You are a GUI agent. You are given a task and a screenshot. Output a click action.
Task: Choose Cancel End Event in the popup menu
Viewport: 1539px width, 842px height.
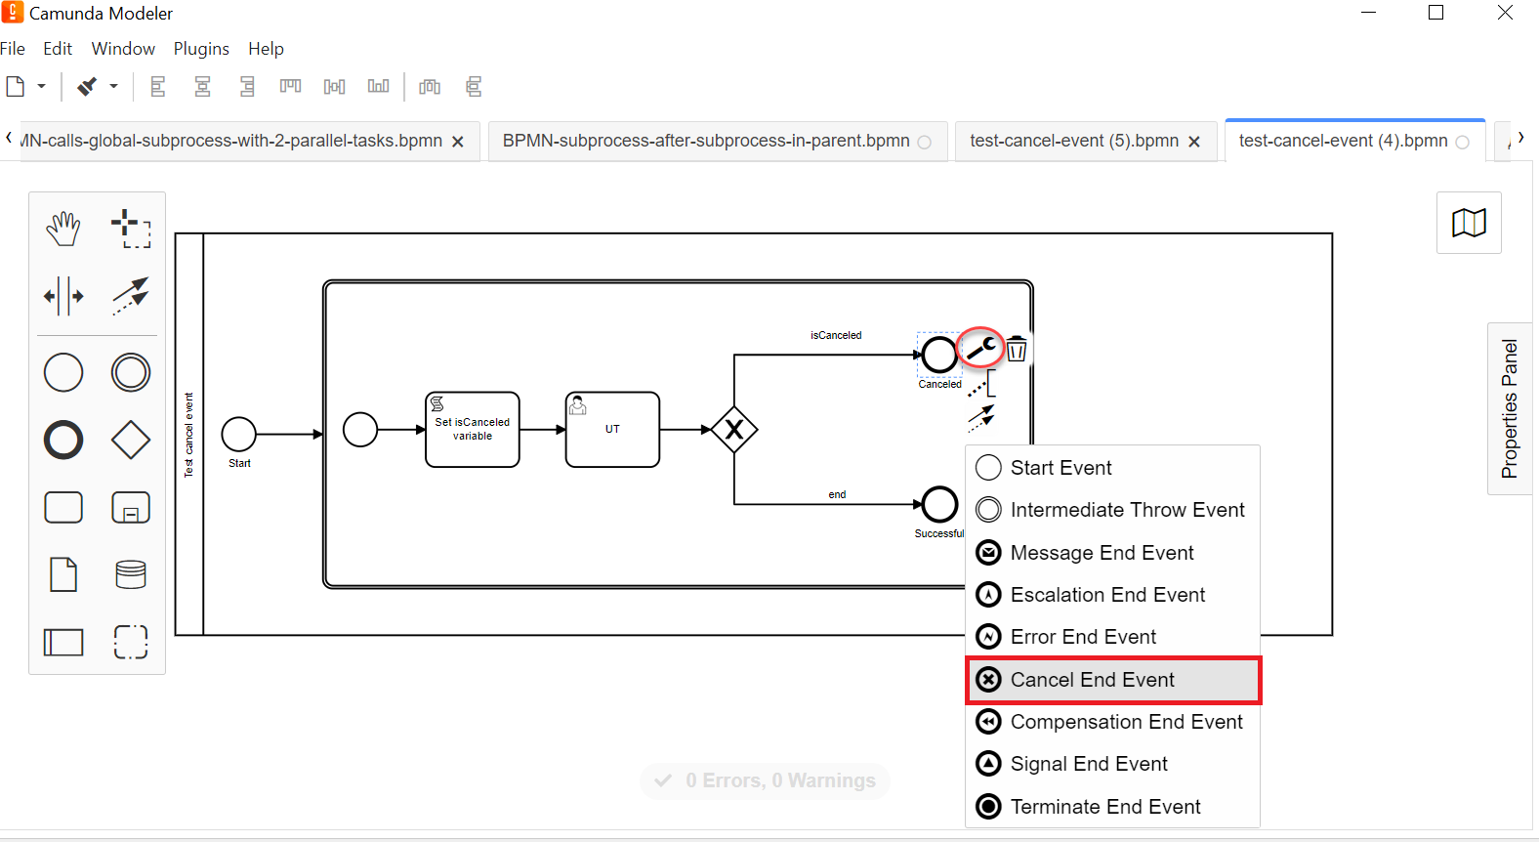pyautogui.click(x=1092, y=680)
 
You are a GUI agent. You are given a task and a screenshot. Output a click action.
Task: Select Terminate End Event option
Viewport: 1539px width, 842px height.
pyautogui.click(x=1104, y=807)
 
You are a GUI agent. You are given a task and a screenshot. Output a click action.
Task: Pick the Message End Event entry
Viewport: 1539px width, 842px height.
pyautogui.click(x=1102, y=553)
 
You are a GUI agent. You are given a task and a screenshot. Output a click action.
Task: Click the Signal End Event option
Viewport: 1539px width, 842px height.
pyautogui.click(x=1088, y=764)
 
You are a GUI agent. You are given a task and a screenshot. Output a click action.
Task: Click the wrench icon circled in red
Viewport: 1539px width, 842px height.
pyautogui.click(x=981, y=348)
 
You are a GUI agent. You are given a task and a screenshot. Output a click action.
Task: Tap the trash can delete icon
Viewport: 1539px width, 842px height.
pyautogui.click(x=1017, y=349)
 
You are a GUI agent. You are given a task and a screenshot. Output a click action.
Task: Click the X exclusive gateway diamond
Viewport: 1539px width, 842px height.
pyautogui.click(x=734, y=429)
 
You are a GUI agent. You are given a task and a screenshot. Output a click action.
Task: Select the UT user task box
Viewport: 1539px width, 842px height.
pyautogui.click(x=612, y=429)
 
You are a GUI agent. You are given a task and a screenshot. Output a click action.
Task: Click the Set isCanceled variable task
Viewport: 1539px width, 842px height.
pyautogui.click(x=473, y=429)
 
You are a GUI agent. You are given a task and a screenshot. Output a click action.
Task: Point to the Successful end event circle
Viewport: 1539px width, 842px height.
pyautogui.click(x=939, y=504)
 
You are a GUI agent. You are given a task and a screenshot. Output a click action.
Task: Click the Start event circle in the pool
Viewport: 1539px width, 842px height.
pyautogui.click(x=239, y=434)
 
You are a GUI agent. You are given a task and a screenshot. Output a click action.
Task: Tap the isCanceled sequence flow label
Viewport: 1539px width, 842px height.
pyautogui.click(x=836, y=335)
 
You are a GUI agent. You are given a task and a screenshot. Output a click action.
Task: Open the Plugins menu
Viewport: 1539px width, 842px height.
pyautogui.click(x=201, y=49)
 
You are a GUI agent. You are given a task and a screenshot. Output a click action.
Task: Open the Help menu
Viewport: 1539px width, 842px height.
pyautogui.click(x=266, y=49)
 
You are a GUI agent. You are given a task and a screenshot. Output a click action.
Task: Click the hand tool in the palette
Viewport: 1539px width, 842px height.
pyautogui.click(x=63, y=229)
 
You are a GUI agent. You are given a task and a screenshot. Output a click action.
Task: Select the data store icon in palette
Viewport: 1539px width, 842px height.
pyautogui.click(x=131, y=574)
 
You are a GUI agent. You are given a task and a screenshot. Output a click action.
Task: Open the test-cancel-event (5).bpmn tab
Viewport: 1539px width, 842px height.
pyautogui.click(x=1074, y=141)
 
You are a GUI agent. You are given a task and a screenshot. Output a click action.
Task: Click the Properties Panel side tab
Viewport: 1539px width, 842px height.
pyautogui.click(x=1510, y=408)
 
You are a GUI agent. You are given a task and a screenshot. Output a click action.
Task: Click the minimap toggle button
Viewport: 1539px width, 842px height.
pyautogui.click(x=1469, y=223)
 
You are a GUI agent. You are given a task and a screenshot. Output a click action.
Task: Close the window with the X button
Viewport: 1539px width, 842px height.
pyautogui.click(x=1505, y=13)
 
